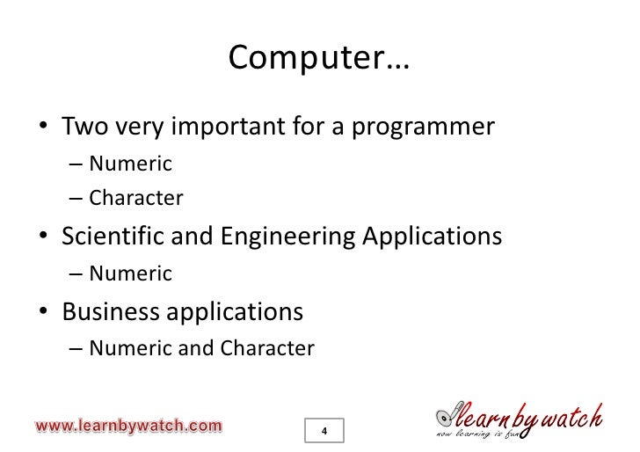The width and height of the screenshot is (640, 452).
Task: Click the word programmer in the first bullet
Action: tap(424, 128)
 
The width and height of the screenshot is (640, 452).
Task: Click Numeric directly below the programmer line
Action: tap(130, 164)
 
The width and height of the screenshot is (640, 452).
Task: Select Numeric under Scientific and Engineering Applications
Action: tap(130, 273)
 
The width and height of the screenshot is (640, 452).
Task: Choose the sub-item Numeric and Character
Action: tap(201, 348)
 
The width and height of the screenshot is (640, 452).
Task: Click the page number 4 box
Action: tap(324, 431)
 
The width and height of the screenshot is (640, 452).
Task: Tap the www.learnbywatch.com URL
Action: tap(128, 426)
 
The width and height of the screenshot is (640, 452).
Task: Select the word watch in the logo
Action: tap(571, 415)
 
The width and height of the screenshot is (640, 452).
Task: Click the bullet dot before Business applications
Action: tap(43, 313)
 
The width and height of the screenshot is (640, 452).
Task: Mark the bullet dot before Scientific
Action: tap(43, 238)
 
